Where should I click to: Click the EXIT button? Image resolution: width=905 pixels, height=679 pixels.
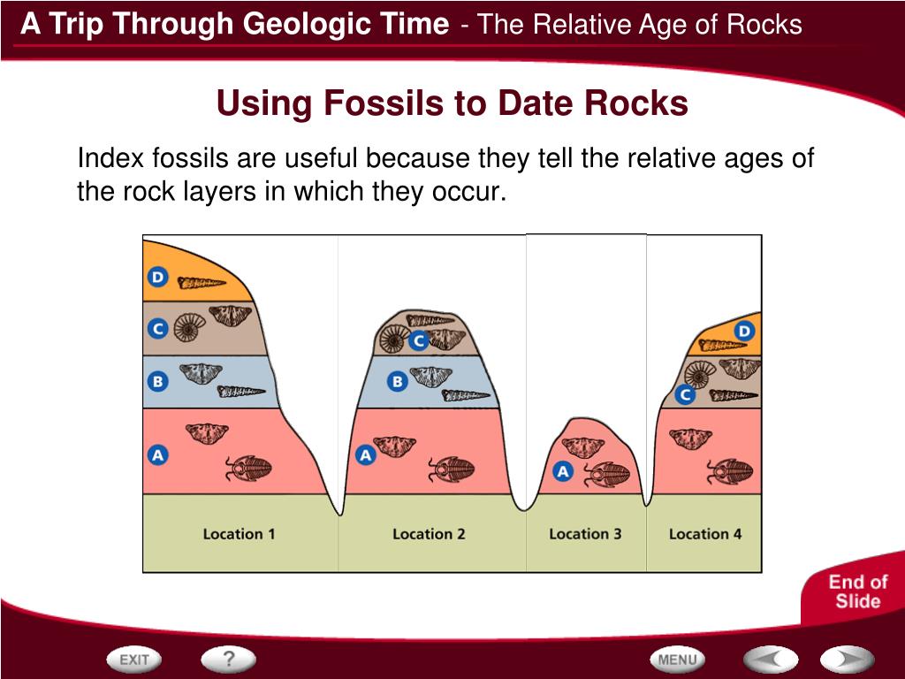(x=134, y=660)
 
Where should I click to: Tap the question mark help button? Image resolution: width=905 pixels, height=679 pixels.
(x=228, y=659)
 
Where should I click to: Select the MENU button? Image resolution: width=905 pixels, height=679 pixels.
(x=678, y=660)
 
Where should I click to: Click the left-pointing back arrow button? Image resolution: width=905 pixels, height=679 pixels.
(x=770, y=660)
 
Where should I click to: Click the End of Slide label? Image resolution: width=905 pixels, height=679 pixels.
(x=856, y=591)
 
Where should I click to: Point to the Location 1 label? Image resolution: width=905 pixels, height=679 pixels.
(x=239, y=534)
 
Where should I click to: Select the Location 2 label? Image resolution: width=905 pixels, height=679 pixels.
(x=429, y=534)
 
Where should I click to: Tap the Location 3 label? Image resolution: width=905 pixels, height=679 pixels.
(x=585, y=534)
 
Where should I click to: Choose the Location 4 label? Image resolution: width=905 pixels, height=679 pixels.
(x=705, y=534)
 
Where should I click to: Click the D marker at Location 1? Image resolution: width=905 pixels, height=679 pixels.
(x=157, y=278)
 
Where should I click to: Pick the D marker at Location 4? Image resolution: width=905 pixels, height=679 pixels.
(x=745, y=332)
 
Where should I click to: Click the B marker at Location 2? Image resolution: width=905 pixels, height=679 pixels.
(x=398, y=382)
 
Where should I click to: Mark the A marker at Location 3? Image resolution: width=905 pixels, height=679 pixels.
(x=563, y=471)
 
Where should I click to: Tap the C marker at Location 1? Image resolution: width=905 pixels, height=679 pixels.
(x=157, y=329)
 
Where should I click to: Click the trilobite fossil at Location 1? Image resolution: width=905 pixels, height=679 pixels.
(x=248, y=468)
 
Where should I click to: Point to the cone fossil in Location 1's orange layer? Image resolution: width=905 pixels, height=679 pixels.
(x=202, y=283)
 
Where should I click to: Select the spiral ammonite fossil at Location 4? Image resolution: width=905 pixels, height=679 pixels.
(x=701, y=374)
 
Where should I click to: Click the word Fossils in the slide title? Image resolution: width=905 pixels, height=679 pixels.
(x=384, y=104)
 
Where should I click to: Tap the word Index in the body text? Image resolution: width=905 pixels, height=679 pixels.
(x=111, y=159)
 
